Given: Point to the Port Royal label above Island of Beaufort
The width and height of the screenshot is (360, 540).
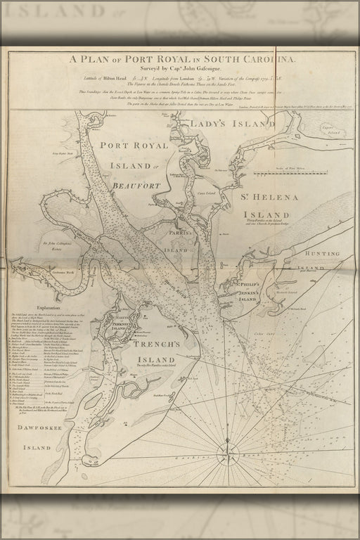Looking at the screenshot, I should [134, 146].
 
